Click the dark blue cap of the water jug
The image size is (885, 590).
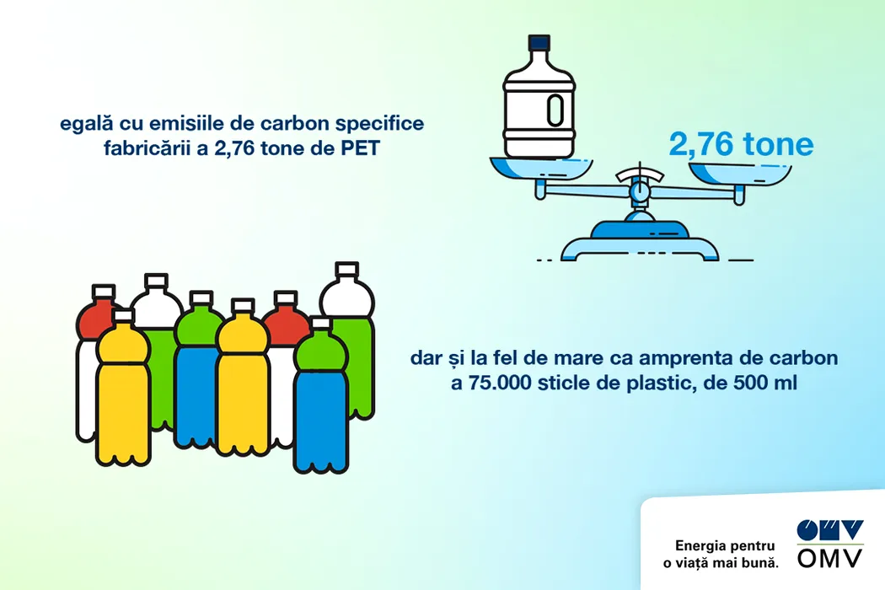click(x=539, y=43)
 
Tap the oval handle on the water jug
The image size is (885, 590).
click(x=555, y=110)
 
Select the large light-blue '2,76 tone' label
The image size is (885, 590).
click(x=741, y=144)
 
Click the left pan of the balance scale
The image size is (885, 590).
click(x=539, y=170)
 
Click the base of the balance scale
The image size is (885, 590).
click(x=640, y=242)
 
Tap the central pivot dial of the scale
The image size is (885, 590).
click(x=640, y=190)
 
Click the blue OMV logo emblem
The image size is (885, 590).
click(x=829, y=530)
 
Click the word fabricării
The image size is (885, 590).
click(x=145, y=148)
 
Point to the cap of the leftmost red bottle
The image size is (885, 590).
click(x=104, y=292)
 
